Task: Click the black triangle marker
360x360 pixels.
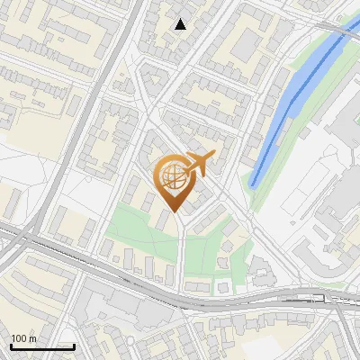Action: (181, 24)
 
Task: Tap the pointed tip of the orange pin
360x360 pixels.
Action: (173, 213)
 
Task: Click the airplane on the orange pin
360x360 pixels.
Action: (201, 164)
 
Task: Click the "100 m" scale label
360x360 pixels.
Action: (23, 339)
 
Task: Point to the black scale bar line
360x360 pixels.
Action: (42, 346)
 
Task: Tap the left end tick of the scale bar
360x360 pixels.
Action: (11, 345)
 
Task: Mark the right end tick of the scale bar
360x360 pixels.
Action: (74, 345)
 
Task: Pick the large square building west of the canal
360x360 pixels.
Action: (247, 45)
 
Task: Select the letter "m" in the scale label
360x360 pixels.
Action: (32, 339)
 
